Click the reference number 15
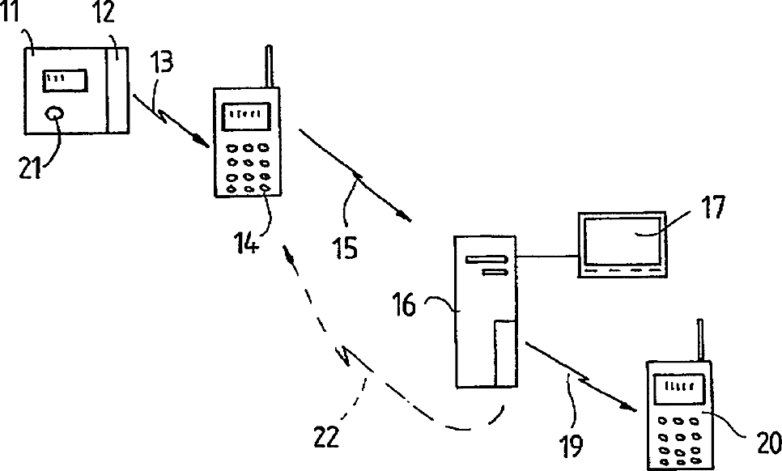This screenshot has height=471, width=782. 344,248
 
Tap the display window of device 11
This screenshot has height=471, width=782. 66,80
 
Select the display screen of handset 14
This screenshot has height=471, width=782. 246,115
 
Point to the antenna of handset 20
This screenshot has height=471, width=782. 697,341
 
